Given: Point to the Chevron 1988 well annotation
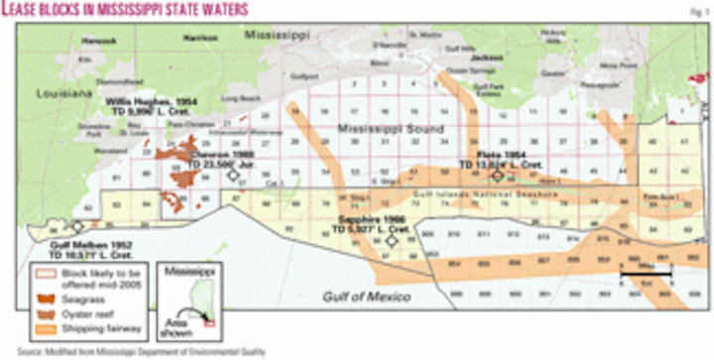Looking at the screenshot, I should click(x=236, y=151).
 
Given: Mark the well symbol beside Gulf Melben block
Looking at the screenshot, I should click(x=77, y=226).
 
